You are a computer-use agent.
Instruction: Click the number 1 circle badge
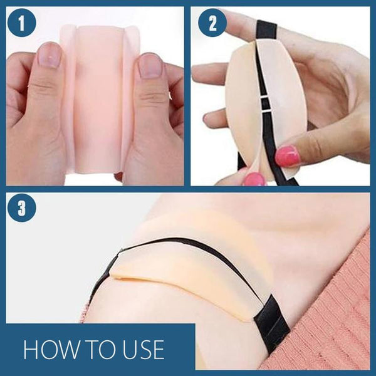(22, 23)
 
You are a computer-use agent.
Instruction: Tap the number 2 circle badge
(212, 23)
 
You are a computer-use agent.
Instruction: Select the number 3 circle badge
(22, 207)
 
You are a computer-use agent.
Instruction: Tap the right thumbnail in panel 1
(150, 65)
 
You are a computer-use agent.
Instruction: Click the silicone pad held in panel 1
(100, 98)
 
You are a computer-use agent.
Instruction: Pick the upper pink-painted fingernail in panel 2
(287, 156)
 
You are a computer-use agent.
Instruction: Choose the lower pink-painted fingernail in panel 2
(254, 179)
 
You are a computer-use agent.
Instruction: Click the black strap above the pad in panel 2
(267, 31)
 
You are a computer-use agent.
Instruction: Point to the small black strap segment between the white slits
(264, 104)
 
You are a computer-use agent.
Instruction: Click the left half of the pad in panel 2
(242, 105)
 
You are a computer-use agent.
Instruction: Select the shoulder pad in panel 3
(189, 276)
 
